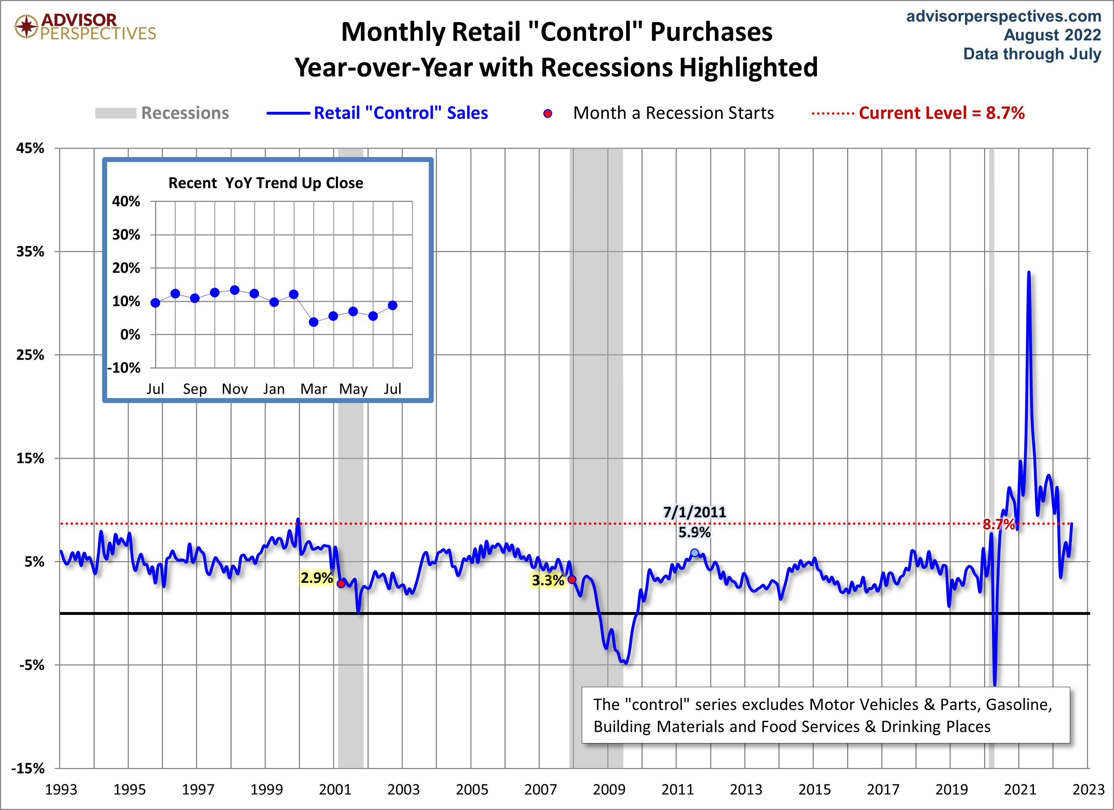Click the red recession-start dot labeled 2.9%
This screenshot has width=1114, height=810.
341,584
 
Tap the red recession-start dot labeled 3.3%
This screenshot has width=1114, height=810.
572,580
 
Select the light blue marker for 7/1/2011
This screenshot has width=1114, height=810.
695,553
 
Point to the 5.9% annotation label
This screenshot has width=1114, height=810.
694,532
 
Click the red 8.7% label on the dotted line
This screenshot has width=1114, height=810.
999,524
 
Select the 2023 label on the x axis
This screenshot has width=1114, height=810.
1088,789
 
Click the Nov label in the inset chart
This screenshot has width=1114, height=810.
234,389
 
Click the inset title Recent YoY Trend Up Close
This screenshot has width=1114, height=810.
266,183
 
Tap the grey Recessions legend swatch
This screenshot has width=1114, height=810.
115,113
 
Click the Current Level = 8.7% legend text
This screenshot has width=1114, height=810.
941,113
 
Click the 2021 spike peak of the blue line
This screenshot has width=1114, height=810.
1029,272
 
